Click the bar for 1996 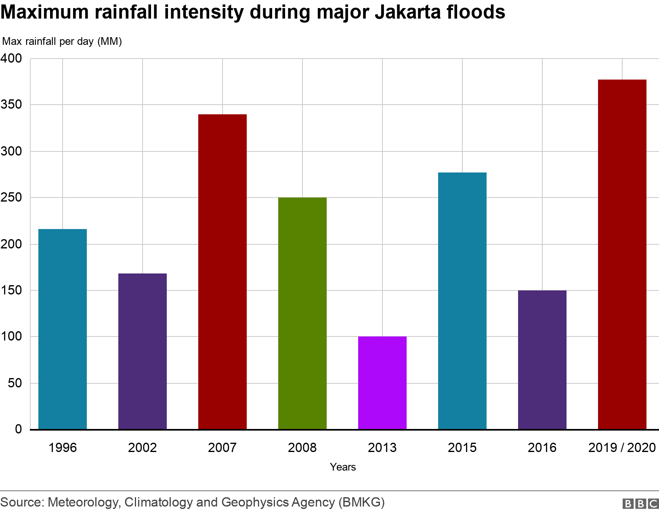coord(63,329)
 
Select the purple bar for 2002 coord(143,351)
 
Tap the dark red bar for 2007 coord(222,271)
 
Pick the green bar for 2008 coord(302,313)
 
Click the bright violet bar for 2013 coord(382,383)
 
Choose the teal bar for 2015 coord(462,301)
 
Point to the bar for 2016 coord(542,360)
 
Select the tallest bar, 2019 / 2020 coord(622,254)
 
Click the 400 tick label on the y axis coord(11,59)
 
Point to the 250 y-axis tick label coord(11,198)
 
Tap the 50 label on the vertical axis coord(15,383)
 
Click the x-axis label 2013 coord(382,448)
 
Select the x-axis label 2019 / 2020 coord(622,448)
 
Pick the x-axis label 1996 coord(63,448)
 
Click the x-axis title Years coord(343,467)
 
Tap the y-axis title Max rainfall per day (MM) coord(62,41)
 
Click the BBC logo coord(640,503)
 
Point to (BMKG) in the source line coord(361,502)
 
